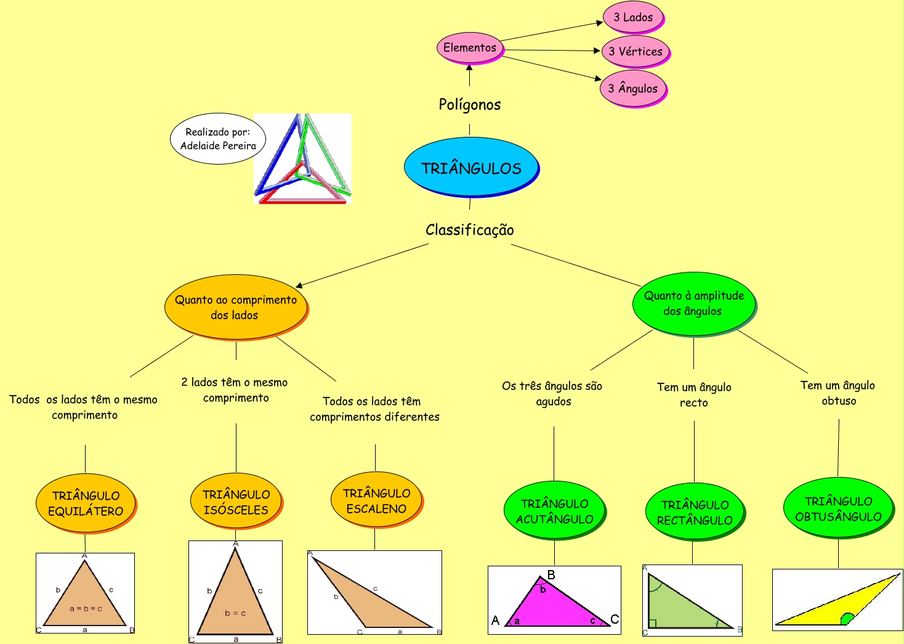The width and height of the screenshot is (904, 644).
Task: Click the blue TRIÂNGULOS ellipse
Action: point(471,167)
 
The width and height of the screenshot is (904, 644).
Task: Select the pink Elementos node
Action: point(470,48)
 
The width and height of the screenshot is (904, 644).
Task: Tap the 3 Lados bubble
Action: point(634,18)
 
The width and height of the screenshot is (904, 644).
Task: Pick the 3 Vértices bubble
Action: point(636,52)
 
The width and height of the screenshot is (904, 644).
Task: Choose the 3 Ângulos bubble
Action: point(634,89)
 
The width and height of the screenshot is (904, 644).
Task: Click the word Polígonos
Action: point(470,105)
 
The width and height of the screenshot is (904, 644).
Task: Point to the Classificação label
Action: point(470,230)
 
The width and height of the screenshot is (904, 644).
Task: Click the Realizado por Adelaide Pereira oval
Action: point(218,139)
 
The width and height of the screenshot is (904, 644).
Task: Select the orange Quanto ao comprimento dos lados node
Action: point(236,308)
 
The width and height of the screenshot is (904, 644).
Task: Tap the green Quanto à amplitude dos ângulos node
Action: point(694,304)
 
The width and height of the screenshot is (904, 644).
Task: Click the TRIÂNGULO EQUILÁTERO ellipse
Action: point(86,503)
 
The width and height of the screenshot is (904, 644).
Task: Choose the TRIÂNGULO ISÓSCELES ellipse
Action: point(236,502)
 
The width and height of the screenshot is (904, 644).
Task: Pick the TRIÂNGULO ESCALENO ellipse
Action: point(376,500)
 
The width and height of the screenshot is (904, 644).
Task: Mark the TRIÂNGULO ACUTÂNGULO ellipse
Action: point(555,511)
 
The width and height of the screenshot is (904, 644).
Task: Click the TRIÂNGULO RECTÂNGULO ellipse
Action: point(695,512)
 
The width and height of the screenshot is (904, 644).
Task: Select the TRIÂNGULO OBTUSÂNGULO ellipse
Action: point(839,508)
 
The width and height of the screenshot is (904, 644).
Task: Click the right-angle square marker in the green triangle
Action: point(652,624)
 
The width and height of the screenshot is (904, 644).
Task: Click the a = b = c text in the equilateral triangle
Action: point(86,608)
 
